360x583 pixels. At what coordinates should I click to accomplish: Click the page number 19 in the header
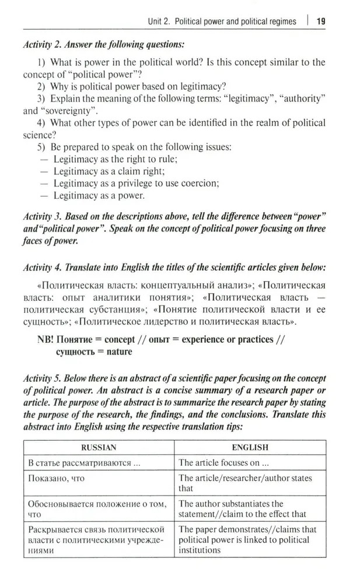(x=320, y=22)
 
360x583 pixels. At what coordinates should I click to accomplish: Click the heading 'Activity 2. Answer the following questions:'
(x=104, y=44)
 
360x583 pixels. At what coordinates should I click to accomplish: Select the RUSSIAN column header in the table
(x=99, y=448)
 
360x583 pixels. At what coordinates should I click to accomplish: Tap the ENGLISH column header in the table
(x=250, y=448)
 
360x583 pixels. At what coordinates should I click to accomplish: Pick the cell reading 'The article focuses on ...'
(x=223, y=463)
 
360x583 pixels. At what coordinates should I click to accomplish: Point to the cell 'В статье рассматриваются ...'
(x=84, y=463)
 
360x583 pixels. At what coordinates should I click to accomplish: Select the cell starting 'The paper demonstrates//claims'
(x=247, y=539)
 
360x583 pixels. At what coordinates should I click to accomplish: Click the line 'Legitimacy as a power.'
(x=99, y=196)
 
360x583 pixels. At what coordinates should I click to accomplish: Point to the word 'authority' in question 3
(x=302, y=99)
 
